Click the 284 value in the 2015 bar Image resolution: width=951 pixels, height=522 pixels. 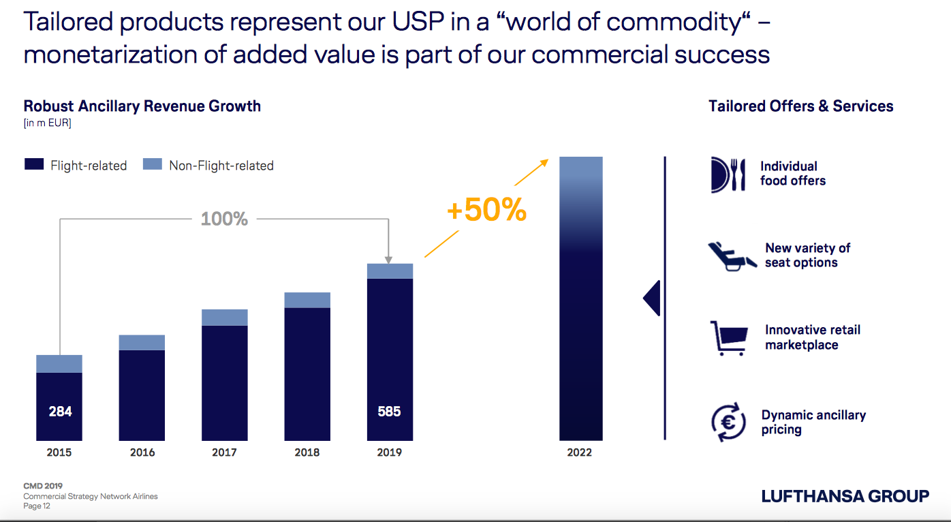[x=60, y=412]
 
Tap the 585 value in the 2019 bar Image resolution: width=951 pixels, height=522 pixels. [x=389, y=412]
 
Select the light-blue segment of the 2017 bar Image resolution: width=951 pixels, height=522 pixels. [x=225, y=318]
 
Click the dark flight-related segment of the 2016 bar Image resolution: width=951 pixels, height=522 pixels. [x=142, y=395]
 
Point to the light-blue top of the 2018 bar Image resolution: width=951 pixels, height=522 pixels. [x=307, y=300]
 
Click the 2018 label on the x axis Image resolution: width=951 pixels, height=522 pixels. [x=307, y=452]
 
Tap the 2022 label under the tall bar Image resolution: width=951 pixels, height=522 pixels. [x=580, y=452]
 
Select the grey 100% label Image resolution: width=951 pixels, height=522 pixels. [x=224, y=219]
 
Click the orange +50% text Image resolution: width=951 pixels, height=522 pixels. [x=486, y=211]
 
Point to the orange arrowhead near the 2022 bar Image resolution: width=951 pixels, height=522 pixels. [x=544, y=162]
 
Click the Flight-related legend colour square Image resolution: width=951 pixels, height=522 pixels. [x=34, y=164]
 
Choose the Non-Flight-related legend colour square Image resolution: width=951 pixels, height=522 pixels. [x=153, y=164]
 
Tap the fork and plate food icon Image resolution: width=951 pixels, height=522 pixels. [x=727, y=174]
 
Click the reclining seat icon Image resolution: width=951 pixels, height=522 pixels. [x=731, y=256]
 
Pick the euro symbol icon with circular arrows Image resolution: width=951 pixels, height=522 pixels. [x=727, y=423]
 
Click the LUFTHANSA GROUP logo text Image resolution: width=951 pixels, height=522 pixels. [x=845, y=496]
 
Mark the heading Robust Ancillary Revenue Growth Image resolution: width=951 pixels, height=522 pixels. [x=142, y=106]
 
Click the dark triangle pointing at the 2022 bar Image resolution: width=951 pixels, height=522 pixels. [x=653, y=298]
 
